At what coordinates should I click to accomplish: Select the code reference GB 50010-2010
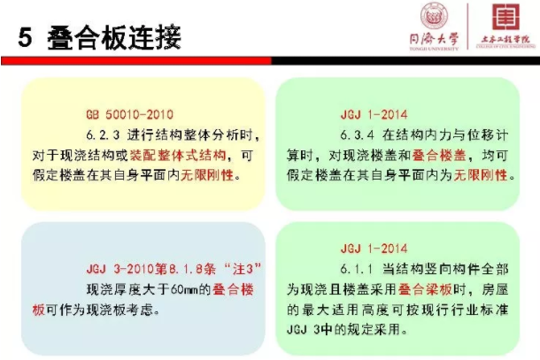[129, 115]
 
